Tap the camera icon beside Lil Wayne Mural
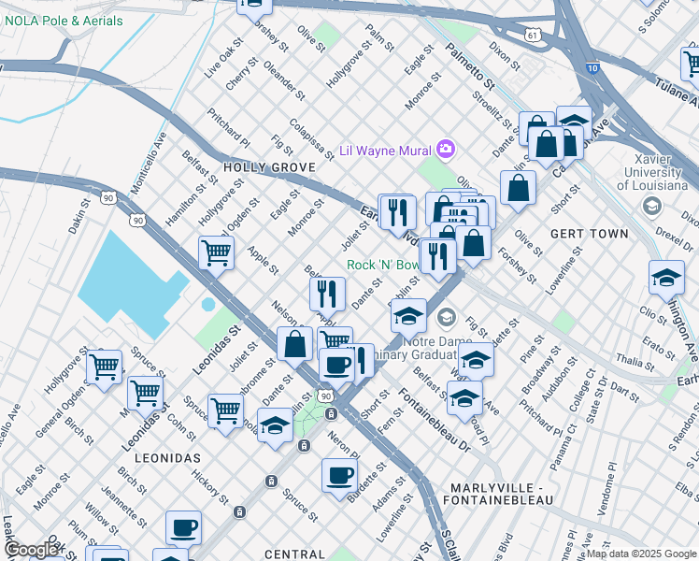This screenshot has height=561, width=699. pos(446,149)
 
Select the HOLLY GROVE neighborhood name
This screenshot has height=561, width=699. pos(266,167)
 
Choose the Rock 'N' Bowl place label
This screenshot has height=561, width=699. pos(383,265)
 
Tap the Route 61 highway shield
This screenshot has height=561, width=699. pos(532,35)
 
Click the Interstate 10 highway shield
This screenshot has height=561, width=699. pos(594,67)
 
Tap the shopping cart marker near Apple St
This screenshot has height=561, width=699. pos(216,251)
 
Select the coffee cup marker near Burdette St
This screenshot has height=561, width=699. pos(340,474)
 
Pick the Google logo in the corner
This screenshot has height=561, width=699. pos(31,549)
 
